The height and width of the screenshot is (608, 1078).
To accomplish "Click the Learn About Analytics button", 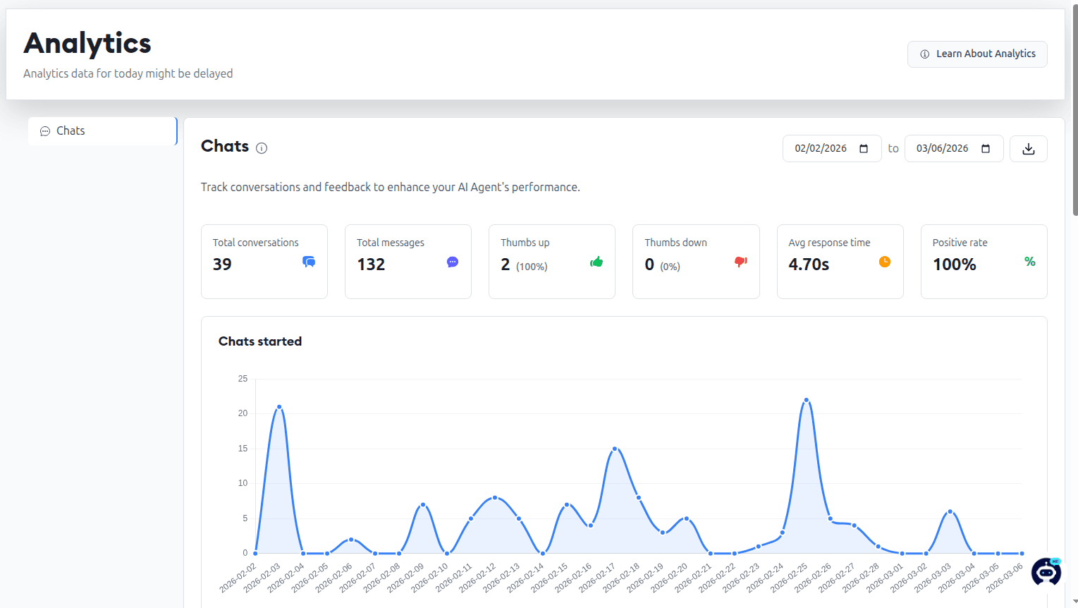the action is (977, 54).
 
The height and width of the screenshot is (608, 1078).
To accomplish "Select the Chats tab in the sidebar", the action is (102, 131).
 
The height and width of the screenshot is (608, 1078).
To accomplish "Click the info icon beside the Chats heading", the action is (262, 148).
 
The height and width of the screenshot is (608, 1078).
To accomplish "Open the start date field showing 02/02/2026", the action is (832, 148).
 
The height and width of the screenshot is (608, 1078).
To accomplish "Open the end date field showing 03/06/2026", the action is (954, 148).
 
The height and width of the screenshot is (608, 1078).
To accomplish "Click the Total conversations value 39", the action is (222, 265).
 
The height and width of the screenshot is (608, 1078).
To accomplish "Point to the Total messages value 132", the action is (371, 265).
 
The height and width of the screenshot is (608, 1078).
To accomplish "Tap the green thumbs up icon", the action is (596, 262).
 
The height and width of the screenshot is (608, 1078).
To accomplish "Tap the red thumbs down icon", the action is (741, 262).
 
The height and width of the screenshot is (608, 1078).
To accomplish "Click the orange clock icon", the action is (885, 262).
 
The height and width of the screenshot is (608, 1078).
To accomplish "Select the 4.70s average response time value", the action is (809, 265).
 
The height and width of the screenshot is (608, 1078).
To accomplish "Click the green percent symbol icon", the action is (1030, 262).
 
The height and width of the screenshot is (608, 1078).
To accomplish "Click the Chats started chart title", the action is (260, 341).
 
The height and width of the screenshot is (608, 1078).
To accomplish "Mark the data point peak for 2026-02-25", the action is (807, 400).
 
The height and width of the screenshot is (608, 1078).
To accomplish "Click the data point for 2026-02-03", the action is (279, 407).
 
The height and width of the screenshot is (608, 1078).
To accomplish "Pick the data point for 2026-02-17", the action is (615, 449).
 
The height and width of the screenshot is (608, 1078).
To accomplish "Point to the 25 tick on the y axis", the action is (243, 379).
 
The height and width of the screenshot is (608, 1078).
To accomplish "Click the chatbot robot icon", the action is (1046, 571).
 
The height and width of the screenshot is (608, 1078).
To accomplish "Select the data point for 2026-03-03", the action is (950, 511).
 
